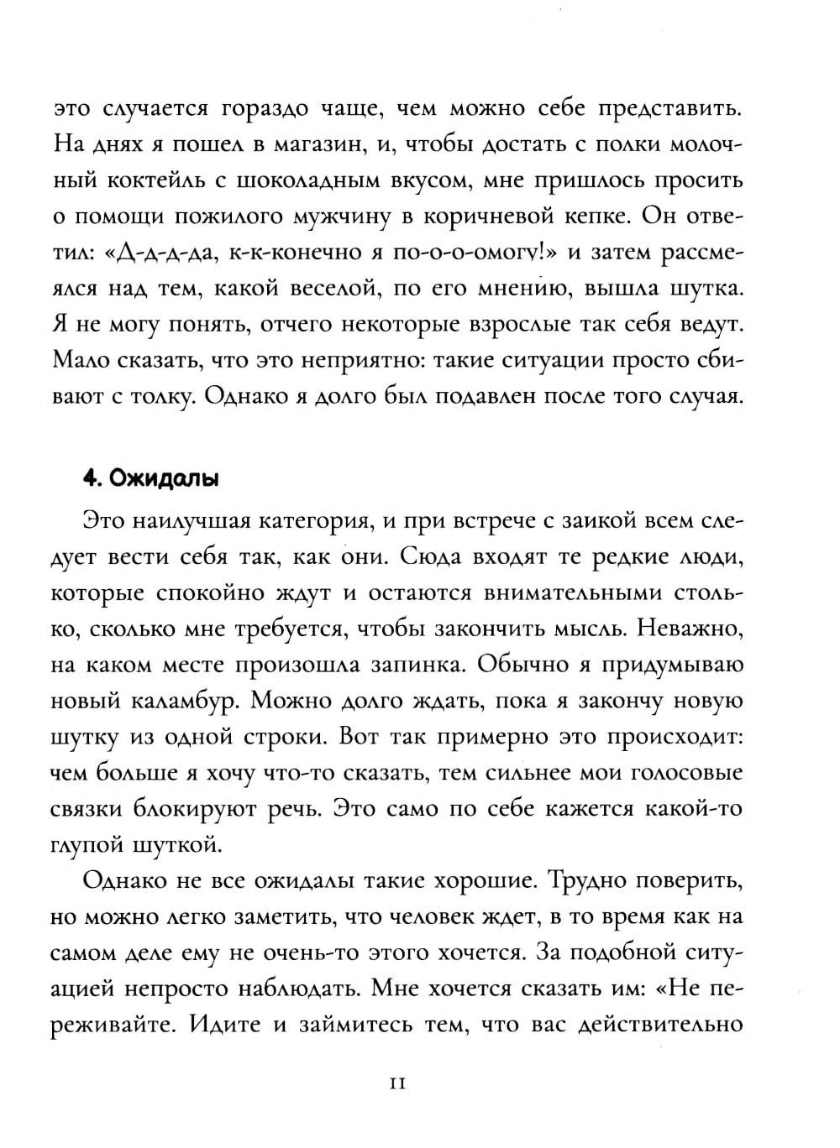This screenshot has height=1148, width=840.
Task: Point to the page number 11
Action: point(398,1083)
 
